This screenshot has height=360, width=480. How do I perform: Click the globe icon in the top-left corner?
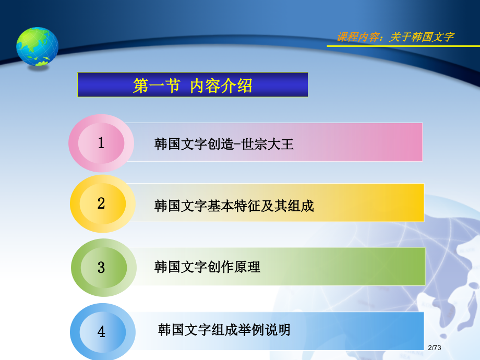[37, 47]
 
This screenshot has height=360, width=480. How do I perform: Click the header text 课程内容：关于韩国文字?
[395, 37]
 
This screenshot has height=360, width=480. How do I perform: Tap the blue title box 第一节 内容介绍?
[193, 85]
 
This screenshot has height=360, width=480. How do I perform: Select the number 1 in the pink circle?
[101, 143]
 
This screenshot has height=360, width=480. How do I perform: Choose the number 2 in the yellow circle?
[101, 203]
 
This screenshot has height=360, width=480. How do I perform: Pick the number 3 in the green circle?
[101, 268]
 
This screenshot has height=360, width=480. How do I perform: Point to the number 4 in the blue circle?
[101, 331]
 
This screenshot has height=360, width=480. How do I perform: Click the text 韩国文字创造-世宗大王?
[224, 144]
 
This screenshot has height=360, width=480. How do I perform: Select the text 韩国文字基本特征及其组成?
[234, 206]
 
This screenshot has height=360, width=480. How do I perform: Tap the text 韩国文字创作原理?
[207, 267]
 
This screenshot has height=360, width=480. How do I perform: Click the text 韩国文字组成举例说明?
[224, 330]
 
